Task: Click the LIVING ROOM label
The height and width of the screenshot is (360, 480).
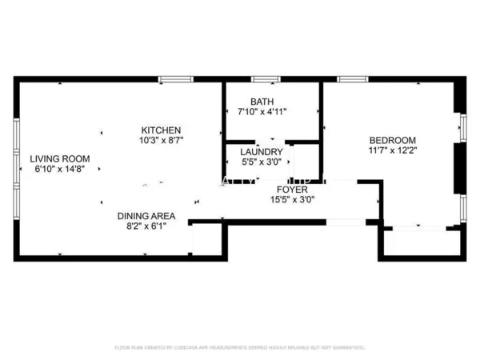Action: click(x=60, y=158)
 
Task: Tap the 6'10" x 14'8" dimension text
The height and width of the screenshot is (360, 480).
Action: click(x=60, y=169)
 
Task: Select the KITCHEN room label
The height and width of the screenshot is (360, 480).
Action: click(x=161, y=130)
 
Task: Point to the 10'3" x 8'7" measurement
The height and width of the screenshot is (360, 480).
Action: click(x=161, y=141)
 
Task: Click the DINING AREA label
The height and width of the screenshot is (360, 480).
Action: click(x=146, y=216)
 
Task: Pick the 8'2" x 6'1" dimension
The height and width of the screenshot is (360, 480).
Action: click(x=146, y=226)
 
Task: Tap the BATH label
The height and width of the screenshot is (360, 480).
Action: click(x=262, y=102)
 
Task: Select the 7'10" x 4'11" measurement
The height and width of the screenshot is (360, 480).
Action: click(x=262, y=112)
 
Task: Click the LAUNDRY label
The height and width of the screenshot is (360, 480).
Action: click(x=262, y=151)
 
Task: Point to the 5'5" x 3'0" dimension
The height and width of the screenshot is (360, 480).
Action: click(x=262, y=162)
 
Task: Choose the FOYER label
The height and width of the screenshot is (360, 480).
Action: click(x=292, y=190)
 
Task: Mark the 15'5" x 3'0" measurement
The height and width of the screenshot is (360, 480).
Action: click(x=292, y=201)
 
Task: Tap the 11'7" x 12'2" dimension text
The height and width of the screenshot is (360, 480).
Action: click(x=393, y=149)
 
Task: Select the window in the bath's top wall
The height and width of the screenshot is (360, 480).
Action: click(x=263, y=79)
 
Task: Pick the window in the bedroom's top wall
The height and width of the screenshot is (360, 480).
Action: click(x=352, y=79)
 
